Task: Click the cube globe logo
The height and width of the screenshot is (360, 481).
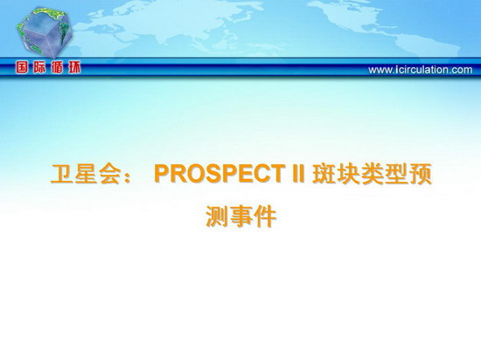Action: [x=45, y=32]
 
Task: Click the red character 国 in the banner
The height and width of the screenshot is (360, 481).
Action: [x=22, y=67]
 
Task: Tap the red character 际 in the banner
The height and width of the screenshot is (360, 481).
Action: [x=39, y=67]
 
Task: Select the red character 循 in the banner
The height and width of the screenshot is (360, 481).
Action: [x=57, y=67]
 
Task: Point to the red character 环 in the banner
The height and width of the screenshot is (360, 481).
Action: [x=74, y=67]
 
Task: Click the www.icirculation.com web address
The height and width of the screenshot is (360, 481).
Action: [x=421, y=70]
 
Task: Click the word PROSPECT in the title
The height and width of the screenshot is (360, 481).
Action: [x=219, y=174]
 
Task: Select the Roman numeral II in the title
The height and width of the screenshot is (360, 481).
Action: [x=297, y=174]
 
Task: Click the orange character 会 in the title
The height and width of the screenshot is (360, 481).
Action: [x=110, y=174]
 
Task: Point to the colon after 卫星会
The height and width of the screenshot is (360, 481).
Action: [x=128, y=177]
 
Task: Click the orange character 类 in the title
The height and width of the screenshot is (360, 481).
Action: [x=372, y=174]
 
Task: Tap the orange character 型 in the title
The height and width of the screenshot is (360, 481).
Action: [x=396, y=174]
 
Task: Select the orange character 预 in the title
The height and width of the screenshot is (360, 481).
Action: [x=421, y=174]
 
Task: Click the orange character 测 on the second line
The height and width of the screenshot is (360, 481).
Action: [x=217, y=217]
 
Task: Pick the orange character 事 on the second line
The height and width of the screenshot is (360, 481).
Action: [x=241, y=217]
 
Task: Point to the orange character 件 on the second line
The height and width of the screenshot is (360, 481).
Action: [x=265, y=217]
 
